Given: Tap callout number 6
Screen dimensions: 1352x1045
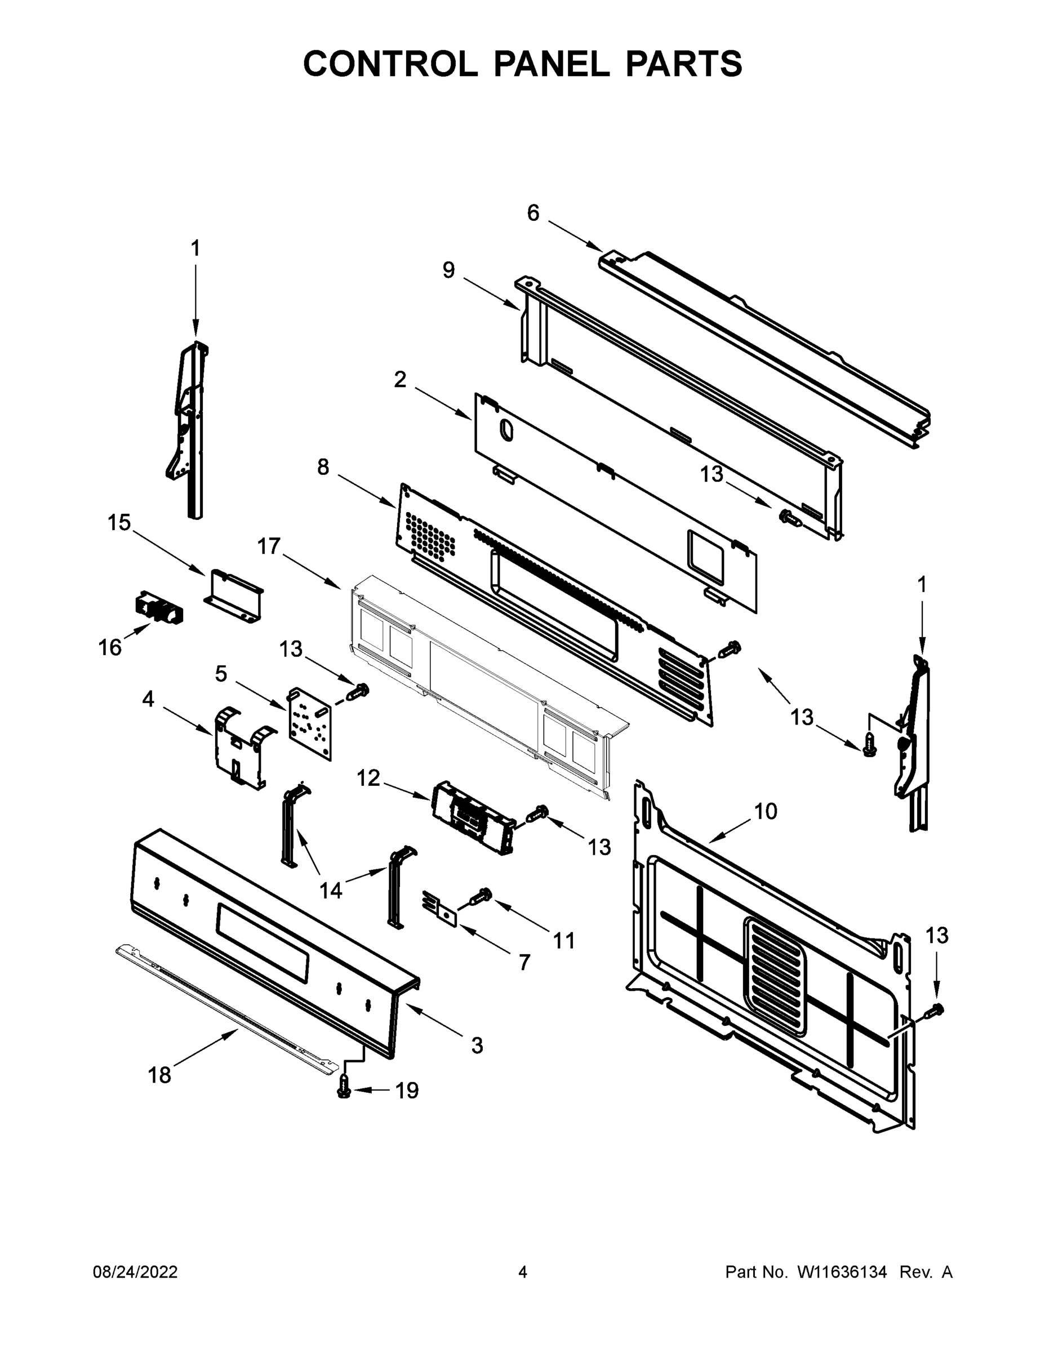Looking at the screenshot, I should click(533, 214).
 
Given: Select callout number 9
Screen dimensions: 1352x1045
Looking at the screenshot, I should click(449, 270).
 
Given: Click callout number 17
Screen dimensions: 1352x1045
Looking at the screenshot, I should click(269, 546).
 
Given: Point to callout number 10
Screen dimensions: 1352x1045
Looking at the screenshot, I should click(766, 811).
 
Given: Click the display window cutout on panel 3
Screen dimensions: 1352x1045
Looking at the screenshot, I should click(263, 943).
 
